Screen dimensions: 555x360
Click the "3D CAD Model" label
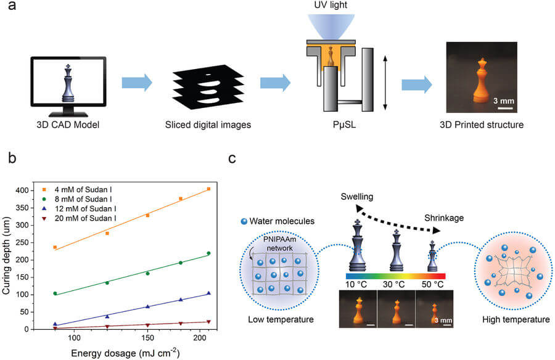(68, 125)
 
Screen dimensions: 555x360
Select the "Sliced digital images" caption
(208, 125)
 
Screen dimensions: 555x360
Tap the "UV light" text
(331, 5)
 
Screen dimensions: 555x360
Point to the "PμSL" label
(344, 125)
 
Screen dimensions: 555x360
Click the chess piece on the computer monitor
(68, 83)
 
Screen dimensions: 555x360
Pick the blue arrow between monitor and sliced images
(137, 83)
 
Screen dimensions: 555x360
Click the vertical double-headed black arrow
(385, 83)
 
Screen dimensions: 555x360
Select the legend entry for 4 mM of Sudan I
(77, 190)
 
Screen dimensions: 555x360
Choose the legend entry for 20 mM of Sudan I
(78, 218)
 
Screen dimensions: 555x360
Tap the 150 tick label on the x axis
(147, 338)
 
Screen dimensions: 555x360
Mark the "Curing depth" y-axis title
(6, 255)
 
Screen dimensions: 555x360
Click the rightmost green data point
(208, 253)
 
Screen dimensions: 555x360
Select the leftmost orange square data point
(55, 247)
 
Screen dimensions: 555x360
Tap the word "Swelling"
(357, 197)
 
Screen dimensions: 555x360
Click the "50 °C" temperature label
(432, 284)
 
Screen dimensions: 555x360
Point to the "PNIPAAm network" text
(279, 243)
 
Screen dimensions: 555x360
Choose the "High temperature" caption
(516, 320)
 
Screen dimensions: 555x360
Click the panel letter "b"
(12, 158)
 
